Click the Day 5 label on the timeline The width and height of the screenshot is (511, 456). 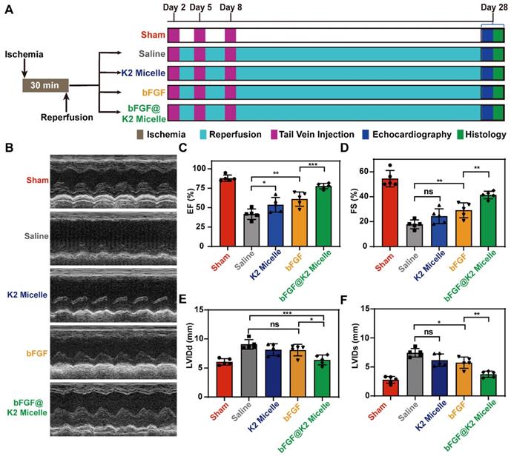tap(200, 7)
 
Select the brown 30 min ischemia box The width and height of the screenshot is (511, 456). tap(46, 85)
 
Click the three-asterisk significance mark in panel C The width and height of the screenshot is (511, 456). tap(313, 161)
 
